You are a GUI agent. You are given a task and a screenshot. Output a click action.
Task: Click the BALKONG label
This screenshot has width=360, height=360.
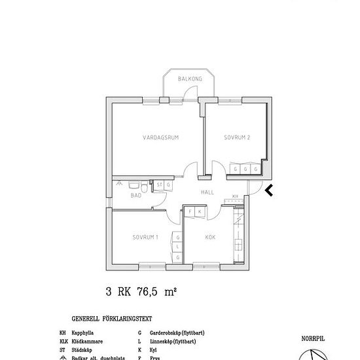coord(190,79)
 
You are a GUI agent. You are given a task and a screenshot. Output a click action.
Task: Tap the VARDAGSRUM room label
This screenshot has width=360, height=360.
coord(160,137)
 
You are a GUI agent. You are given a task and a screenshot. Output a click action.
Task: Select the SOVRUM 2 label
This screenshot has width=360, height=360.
coord(237,137)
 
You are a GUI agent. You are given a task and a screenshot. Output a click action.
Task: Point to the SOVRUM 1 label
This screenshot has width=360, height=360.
coord(145,237)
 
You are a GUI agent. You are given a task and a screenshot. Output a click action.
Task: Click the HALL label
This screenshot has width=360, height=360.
coord(207,192)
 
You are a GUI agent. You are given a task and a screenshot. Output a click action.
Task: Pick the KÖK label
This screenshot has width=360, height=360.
coord(211,237)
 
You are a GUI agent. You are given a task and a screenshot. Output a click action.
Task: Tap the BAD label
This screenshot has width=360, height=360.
coord(136,195)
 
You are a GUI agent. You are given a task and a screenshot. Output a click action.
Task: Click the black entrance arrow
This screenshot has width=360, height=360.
coord(268,190)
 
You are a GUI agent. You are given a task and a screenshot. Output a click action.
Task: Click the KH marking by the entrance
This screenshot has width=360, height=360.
coord(236,196)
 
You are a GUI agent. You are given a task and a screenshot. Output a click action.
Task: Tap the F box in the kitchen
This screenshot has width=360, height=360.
coord(190,212)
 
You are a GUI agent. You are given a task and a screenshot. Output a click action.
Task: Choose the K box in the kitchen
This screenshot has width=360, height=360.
coord(199,212)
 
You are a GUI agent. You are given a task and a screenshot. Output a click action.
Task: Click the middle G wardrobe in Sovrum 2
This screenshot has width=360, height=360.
coord(245,169)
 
